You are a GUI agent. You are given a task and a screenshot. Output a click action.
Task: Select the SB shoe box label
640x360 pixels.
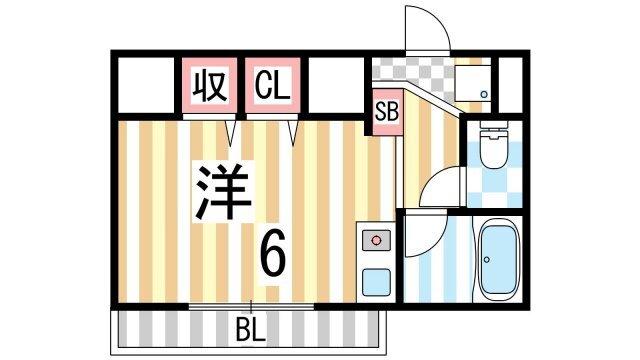(386, 111)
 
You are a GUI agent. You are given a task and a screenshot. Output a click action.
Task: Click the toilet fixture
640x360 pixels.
(493, 146)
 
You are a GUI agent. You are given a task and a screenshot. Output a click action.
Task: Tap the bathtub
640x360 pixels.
(497, 260)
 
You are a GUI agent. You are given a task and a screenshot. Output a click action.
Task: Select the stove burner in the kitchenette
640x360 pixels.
(376, 241)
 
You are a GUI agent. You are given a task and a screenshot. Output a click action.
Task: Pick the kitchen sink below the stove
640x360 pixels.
(376, 280)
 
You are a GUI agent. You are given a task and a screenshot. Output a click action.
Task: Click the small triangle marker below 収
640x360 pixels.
(231, 131)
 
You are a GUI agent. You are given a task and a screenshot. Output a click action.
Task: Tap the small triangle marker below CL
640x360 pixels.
(293, 131)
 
